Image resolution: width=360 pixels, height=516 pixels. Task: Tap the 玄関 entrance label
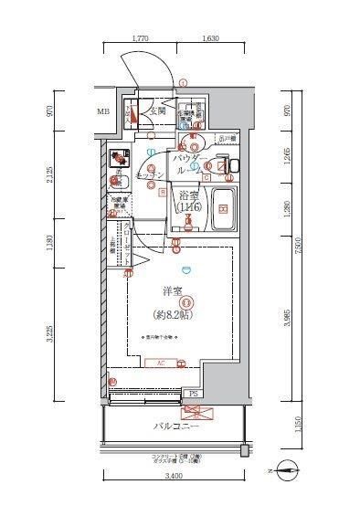(x=158, y=111)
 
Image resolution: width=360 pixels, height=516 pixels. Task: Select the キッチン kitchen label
(x=150, y=174)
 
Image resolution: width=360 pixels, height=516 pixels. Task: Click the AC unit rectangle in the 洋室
(x=161, y=362)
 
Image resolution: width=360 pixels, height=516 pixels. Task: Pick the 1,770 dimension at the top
(x=140, y=39)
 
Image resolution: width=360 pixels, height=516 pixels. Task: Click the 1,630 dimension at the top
(x=208, y=39)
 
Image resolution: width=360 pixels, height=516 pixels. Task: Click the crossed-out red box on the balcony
(x=203, y=411)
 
